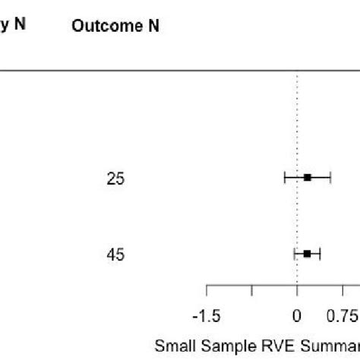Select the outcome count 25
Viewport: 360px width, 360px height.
click(x=116, y=178)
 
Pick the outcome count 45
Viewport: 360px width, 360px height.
click(x=116, y=254)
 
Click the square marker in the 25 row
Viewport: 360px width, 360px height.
click(x=308, y=178)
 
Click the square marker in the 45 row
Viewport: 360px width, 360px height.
click(x=307, y=254)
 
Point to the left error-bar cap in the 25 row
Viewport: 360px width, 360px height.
click(x=285, y=178)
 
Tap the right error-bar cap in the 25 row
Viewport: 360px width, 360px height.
click(x=330, y=178)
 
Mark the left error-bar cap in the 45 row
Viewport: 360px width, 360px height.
click(x=295, y=254)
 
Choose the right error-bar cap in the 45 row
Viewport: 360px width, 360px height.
click(x=320, y=254)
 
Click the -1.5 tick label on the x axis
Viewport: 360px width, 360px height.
click(x=207, y=315)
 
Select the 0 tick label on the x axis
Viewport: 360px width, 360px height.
click(x=296, y=315)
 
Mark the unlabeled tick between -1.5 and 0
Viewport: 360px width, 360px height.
click(x=251, y=291)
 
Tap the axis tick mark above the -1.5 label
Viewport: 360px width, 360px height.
click(x=207, y=291)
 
